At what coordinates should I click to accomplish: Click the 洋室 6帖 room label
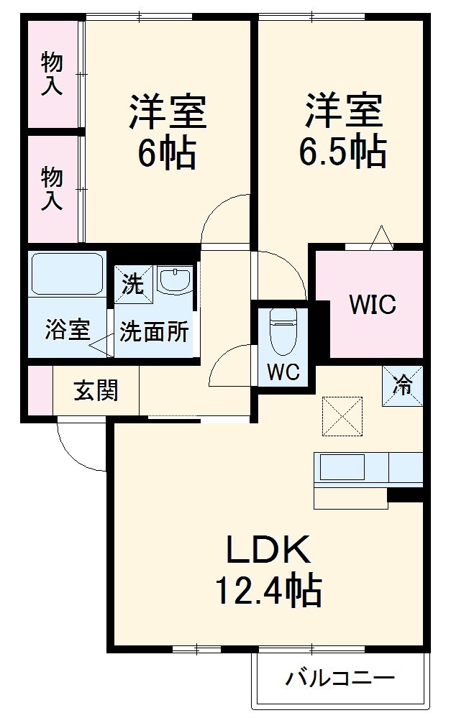tap(167, 131)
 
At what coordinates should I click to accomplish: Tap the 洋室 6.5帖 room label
tap(343, 131)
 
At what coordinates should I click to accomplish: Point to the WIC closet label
tap(372, 305)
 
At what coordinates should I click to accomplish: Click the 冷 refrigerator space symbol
tap(402, 386)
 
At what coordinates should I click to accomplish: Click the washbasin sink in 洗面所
tap(174, 281)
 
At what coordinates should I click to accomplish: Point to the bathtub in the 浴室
tap(67, 274)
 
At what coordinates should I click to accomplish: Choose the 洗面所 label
tap(154, 332)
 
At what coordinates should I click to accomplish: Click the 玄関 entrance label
tap(96, 392)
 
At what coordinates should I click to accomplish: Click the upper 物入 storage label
tap(52, 73)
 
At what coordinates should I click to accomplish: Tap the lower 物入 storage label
tap(52, 188)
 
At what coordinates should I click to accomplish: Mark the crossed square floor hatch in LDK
tap(340, 415)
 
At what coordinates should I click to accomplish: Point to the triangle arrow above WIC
tap(381, 238)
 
